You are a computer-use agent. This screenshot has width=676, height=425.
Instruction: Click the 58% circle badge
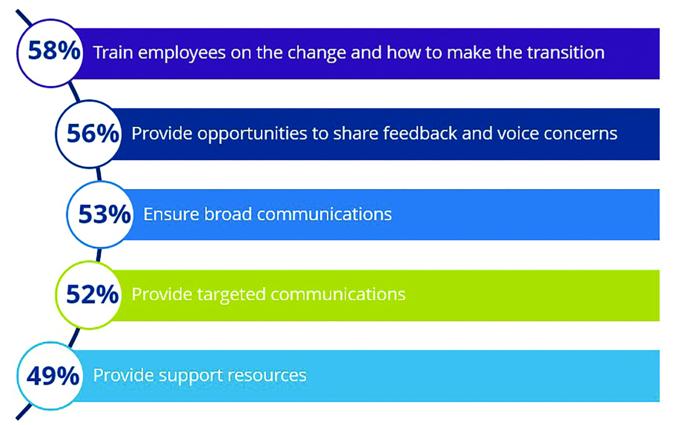coord(50,53)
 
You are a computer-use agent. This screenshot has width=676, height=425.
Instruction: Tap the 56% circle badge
coord(89,134)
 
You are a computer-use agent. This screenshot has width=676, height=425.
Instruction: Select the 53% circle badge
coord(100,215)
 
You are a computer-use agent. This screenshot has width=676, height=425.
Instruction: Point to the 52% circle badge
coord(89,295)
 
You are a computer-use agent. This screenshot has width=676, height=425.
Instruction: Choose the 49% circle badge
coord(50,376)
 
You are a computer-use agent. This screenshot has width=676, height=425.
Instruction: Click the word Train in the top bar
coord(113,53)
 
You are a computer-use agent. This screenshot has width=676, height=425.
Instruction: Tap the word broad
coord(228,214)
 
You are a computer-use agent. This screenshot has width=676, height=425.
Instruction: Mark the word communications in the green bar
coord(338,294)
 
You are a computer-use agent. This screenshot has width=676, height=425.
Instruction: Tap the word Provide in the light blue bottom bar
coord(123,375)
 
